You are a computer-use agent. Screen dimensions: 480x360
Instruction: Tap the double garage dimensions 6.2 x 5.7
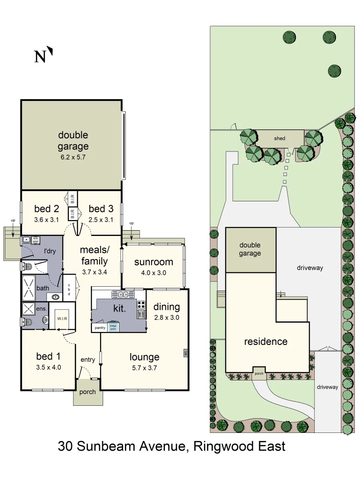(x=73, y=157)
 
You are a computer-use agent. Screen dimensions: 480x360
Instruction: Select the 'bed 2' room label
(x=47, y=208)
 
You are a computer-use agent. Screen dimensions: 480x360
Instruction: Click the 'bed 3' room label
(x=100, y=208)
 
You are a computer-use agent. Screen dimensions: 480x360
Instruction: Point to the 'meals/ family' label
(x=94, y=255)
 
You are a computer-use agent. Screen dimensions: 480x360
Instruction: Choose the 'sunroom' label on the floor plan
(x=153, y=262)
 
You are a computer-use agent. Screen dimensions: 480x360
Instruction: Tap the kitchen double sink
(x=120, y=294)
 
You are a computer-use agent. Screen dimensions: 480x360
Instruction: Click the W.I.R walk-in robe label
(x=61, y=319)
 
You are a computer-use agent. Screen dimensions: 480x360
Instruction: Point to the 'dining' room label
(x=167, y=307)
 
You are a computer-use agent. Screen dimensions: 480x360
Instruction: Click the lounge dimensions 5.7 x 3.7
(x=144, y=368)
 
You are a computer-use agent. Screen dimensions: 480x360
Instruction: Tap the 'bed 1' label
(x=48, y=356)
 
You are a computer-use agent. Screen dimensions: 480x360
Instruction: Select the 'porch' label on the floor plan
(x=87, y=392)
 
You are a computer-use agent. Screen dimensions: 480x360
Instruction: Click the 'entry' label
(x=88, y=360)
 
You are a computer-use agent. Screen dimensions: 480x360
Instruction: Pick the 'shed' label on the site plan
(x=280, y=138)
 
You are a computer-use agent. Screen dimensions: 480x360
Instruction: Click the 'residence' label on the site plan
(x=266, y=341)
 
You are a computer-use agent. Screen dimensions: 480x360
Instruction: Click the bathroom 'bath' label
(x=43, y=288)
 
